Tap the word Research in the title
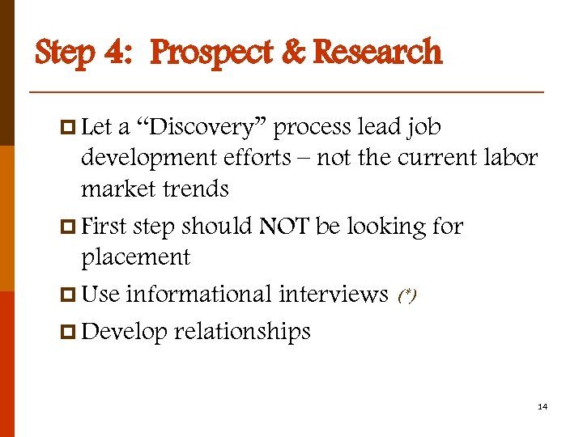coord(377,53)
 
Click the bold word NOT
coord(284,226)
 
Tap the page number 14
coord(543,406)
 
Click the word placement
coord(135,258)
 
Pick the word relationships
coord(242,331)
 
